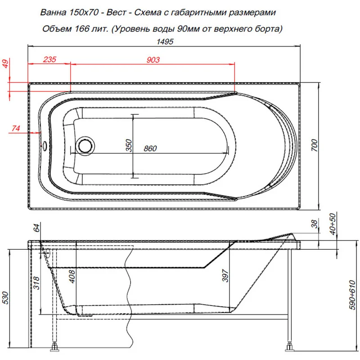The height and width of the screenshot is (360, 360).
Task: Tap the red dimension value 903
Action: (x=153, y=59)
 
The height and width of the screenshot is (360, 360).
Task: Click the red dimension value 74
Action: (x=16, y=128)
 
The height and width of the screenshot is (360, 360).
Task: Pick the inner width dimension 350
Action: (x=128, y=146)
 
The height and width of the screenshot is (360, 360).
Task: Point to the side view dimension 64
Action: (x=36, y=228)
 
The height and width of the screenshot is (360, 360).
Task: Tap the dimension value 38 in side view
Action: (x=315, y=223)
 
